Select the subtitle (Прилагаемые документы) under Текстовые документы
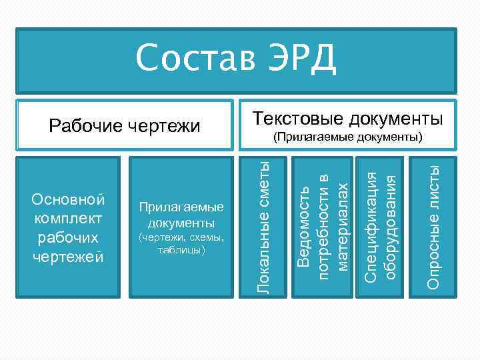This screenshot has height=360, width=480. [348, 137]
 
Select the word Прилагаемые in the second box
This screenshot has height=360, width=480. [181, 207]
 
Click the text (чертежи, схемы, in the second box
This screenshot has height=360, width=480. [181, 237]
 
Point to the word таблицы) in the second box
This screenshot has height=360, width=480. [181, 250]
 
